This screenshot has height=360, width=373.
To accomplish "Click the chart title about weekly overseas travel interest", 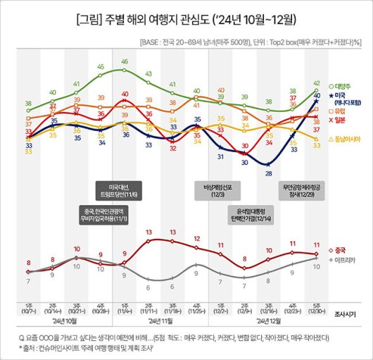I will tap(186, 17).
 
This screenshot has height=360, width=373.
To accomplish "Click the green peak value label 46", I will tap(125, 62).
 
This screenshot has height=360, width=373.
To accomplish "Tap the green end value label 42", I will tap(317, 82).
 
